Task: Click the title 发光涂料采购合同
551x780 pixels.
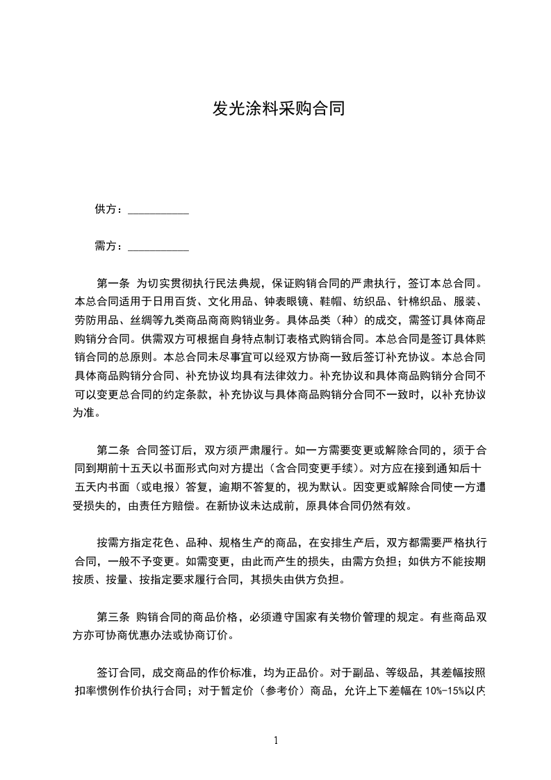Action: (278, 110)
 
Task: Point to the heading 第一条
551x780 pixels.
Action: (113, 284)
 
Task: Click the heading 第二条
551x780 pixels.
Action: (113, 448)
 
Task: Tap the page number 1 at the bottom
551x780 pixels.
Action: (276, 740)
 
